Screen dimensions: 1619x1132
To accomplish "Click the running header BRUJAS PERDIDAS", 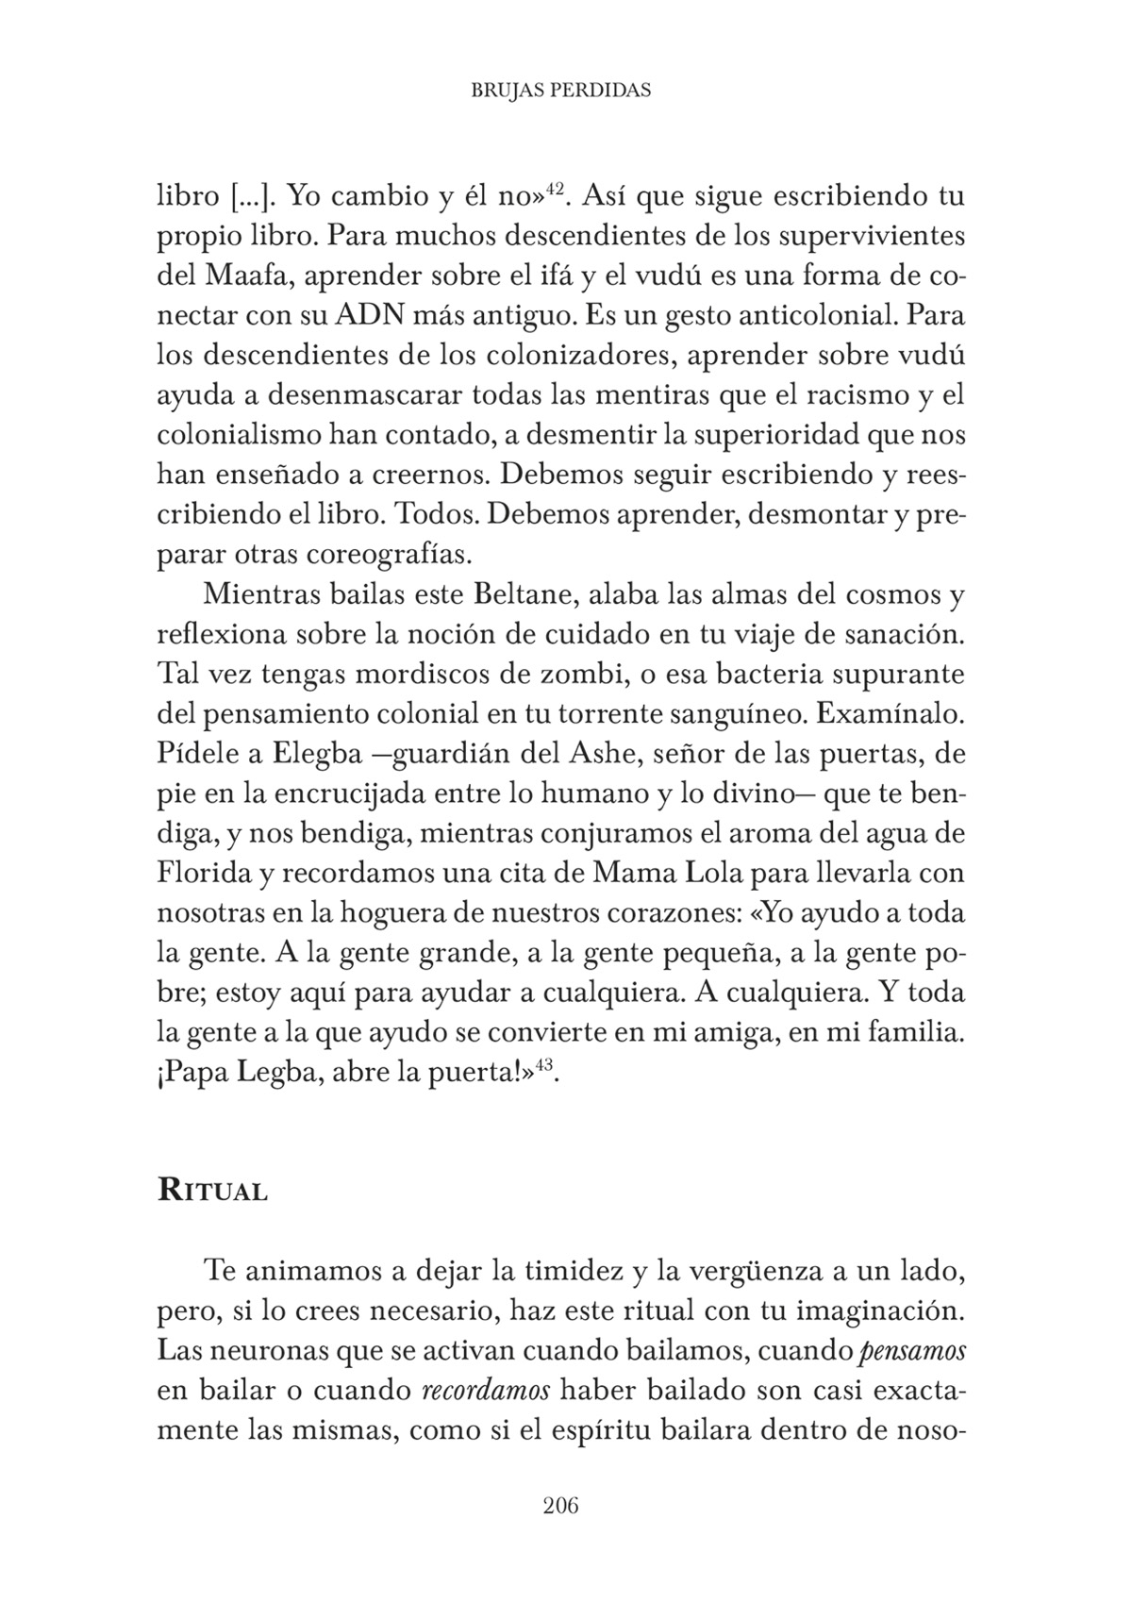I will click(560, 91).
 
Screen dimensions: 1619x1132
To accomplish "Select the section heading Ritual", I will click(212, 1190).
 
